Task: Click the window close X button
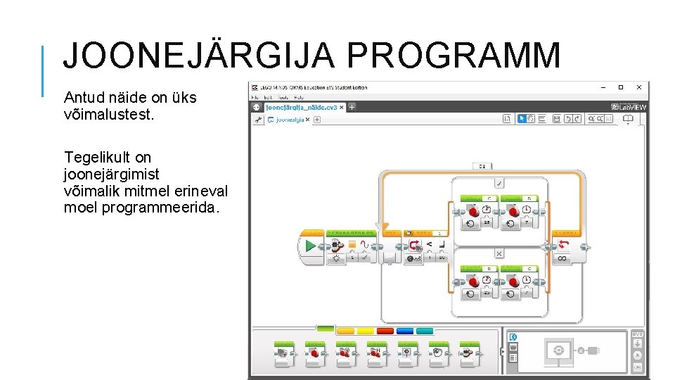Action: point(638,87)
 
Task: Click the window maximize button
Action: point(620,87)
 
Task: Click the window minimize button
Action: point(603,87)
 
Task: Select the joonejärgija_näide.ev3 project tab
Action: point(301,108)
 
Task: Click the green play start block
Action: point(309,246)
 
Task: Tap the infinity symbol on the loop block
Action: point(562,259)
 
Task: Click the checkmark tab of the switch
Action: point(499,184)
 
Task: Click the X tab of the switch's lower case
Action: point(499,253)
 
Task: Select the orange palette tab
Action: point(345,330)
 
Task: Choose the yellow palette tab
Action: point(366,330)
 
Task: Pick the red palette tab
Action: point(385,330)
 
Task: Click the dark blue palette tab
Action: point(405,330)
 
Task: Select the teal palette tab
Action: point(425,330)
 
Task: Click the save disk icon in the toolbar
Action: point(556,120)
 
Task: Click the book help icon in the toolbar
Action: point(628,120)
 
